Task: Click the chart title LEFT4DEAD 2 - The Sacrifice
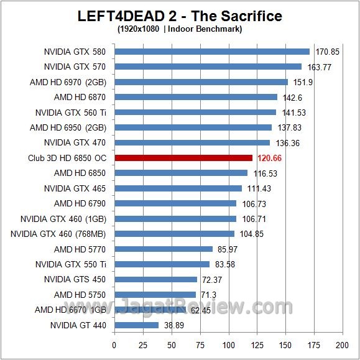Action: pos(180,16)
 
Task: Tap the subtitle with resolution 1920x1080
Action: pos(179,29)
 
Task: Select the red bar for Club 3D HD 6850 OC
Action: pos(183,158)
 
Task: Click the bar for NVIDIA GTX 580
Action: pos(211,52)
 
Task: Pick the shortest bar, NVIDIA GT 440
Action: pos(136,325)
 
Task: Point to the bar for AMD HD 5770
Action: pos(163,249)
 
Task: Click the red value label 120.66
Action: pos(269,159)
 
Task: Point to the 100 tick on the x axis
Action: pos(228,344)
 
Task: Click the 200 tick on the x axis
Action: pos(341,344)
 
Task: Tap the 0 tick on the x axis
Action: pos(114,344)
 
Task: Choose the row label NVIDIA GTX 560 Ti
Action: pos(70,113)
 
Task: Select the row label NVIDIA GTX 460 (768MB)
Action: pos(58,234)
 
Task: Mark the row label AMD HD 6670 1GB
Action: pos(70,310)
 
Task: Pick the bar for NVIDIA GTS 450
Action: pos(155,280)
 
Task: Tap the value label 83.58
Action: pos(227,265)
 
